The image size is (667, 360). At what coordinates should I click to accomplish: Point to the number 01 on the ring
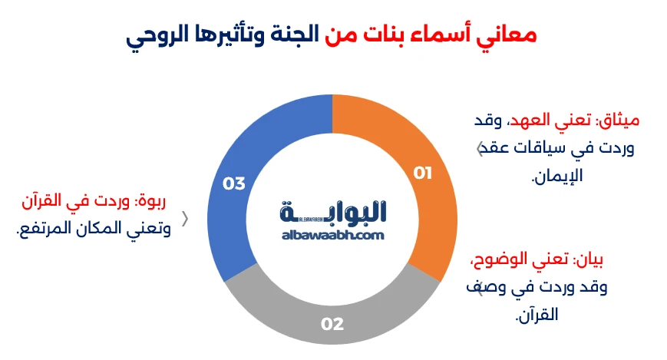(423, 173)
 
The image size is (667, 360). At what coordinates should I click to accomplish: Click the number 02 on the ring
(332, 324)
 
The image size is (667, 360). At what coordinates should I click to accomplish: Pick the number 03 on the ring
(233, 183)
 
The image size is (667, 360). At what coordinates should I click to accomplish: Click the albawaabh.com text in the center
(332, 236)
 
